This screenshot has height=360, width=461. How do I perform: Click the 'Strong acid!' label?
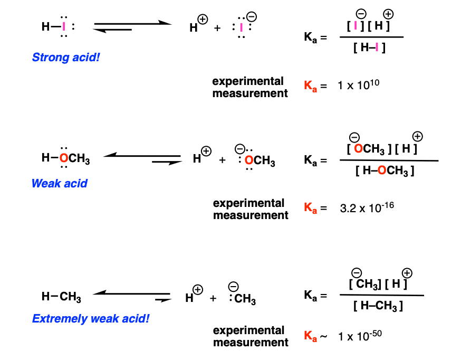(66, 56)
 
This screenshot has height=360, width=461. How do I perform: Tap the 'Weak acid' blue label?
(59, 184)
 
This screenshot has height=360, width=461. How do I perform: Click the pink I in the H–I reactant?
(64, 26)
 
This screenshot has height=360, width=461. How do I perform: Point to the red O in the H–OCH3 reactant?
(63, 158)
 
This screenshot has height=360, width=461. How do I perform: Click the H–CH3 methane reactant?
(61, 297)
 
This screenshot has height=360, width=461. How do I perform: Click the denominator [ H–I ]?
(369, 48)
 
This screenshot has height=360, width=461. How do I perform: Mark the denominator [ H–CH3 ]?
(378, 306)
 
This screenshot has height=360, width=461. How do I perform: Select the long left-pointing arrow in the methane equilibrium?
(131, 293)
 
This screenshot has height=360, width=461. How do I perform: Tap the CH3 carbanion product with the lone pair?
(243, 299)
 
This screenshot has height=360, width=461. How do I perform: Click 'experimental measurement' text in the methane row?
(251, 336)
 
